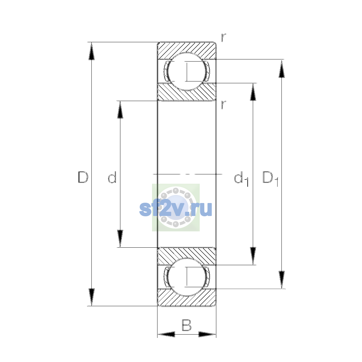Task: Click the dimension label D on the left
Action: (x=83, y=177)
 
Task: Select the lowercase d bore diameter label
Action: (x=112, y=177)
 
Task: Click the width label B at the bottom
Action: (x=186, y=325)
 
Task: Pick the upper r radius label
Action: (x=223, y=38)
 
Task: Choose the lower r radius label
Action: (x=223, y=105)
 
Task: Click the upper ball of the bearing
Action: (x=187, y=71)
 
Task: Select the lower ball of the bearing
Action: (x=187, y=277)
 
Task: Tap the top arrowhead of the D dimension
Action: (x=91, y=51)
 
